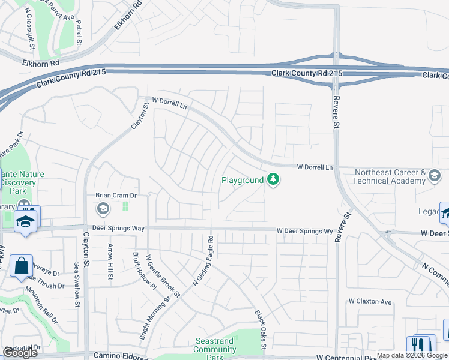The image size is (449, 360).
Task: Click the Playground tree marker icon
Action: [273, 180]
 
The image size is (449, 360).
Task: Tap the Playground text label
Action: [243, 180]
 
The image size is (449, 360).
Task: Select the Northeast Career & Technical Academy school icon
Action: [435, 177]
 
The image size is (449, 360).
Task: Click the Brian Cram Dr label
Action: [116, 195]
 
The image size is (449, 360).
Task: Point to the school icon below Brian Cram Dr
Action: [102, 209]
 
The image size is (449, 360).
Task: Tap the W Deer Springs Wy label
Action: [304, 231]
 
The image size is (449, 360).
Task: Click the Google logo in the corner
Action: [20, 353]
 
